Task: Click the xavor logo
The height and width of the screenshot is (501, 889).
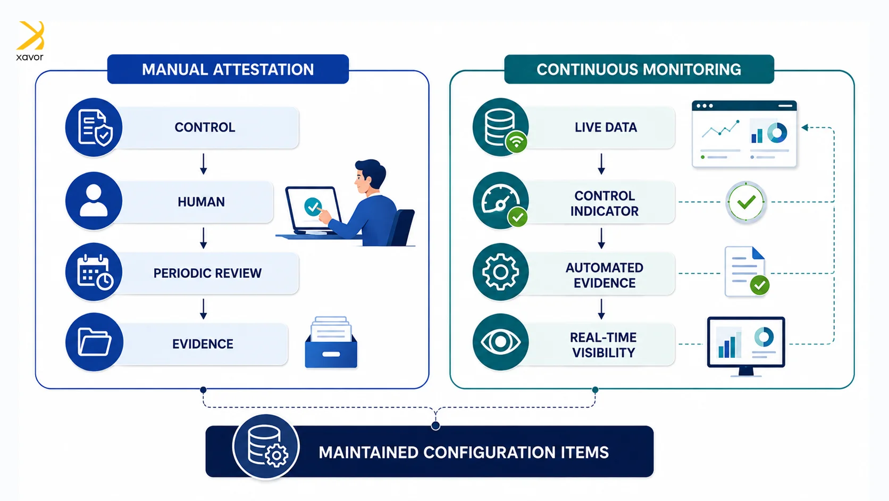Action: coord(30,40)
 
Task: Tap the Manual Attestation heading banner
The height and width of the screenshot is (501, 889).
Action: coord(228,69)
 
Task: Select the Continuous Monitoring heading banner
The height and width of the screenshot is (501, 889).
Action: coord(639,69)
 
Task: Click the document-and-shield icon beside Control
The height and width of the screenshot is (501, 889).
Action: coord(94,127)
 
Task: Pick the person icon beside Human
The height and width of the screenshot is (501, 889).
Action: coord(94,201)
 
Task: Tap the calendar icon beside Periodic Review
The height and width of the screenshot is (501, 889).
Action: coord(94,272)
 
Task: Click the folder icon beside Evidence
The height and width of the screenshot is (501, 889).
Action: coord(94,342)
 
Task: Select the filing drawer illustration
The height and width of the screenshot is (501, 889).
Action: coord(331,342)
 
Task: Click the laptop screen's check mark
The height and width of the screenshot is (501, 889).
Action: coord(313,207)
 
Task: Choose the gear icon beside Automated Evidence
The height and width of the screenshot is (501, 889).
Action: coord(500,272)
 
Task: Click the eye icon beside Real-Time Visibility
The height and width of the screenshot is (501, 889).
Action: coord(500,342)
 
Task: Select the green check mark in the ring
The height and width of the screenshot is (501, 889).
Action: coord(746,202)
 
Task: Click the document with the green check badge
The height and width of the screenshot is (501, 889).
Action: coord(747,272)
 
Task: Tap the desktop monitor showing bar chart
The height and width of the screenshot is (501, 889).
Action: coord(746,346)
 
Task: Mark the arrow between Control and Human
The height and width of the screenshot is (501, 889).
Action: coord(203,164)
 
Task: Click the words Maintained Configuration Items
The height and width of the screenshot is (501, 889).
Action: coord(464,453)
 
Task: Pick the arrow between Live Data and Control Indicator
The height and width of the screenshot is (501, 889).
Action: coord(601,164)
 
